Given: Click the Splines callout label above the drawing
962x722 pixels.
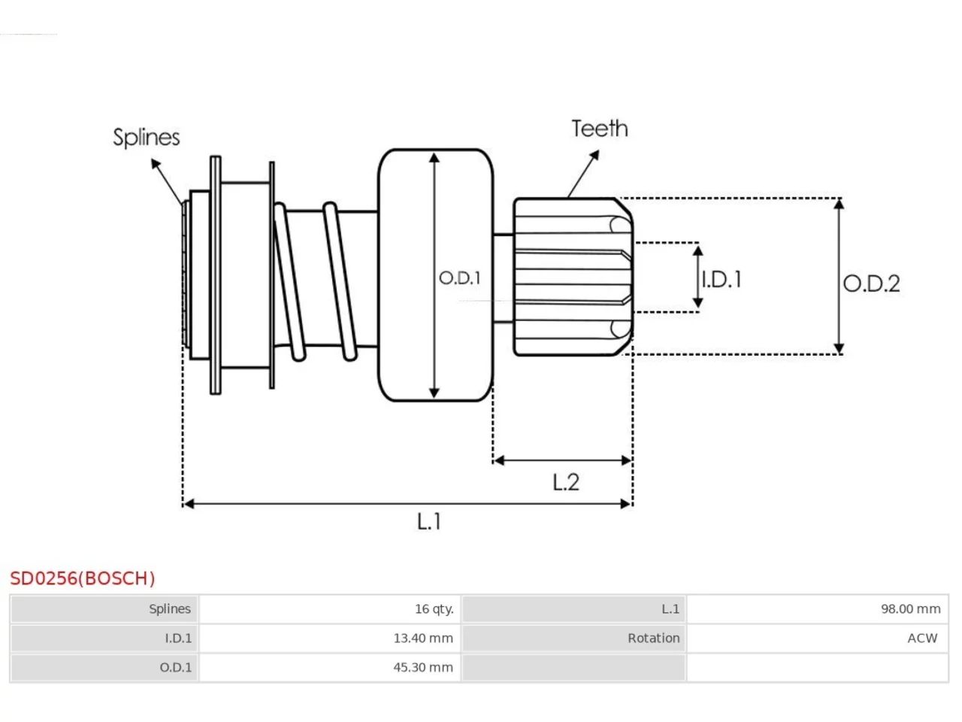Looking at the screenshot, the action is [147, 138].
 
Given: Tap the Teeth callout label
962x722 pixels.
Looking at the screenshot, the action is [600, 129].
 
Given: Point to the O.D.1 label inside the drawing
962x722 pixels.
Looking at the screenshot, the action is [460, 278].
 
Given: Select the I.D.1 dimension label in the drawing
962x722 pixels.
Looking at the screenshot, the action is [721, 280].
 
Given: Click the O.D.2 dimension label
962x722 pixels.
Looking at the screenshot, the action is [871, 284].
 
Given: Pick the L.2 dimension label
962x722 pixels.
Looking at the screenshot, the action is [566, 482].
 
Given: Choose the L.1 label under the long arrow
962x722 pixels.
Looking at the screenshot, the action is [428, 522].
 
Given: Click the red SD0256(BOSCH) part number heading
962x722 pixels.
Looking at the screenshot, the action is [83, 578].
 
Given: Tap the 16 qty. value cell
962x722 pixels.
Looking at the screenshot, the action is [434, 609].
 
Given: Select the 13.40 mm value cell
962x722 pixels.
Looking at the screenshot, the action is [423, 639].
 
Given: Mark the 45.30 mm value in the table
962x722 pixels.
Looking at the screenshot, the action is [423, 668].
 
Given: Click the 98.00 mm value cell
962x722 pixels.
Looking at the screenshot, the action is [911, 609].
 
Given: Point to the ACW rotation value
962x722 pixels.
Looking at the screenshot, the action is [922, 639].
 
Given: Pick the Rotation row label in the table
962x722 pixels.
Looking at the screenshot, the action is [653, 639].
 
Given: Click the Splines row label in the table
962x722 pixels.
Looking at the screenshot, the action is [170, 609].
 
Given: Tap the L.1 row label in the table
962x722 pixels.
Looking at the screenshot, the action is [670, 609].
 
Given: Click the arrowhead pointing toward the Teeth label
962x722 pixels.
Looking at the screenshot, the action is [594, 155].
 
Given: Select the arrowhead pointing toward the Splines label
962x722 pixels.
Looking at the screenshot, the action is [156, 163].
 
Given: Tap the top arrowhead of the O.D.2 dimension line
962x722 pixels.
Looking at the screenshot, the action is [839, 204].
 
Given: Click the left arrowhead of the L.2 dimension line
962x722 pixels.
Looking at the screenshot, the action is [499, 460].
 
